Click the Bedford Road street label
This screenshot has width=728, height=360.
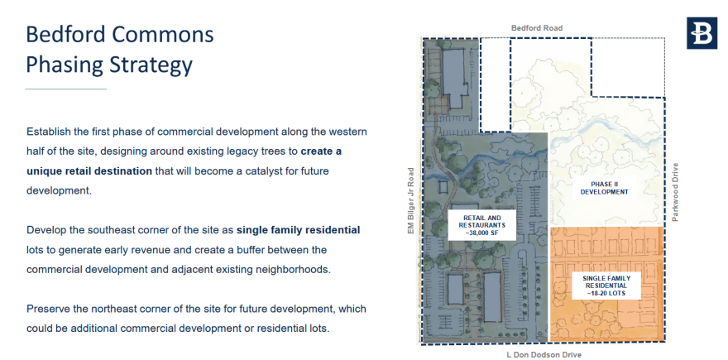click(x=536, y=28)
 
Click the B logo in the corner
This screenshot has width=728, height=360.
click(x=702, y=33)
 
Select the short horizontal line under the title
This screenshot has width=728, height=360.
click(x=66, y=89)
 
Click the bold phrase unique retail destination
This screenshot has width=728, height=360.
click(x=89, y=170)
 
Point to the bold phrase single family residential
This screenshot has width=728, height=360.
click(x=298, y=229)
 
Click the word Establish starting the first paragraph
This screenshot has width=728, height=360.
click(x=51, y=132)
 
